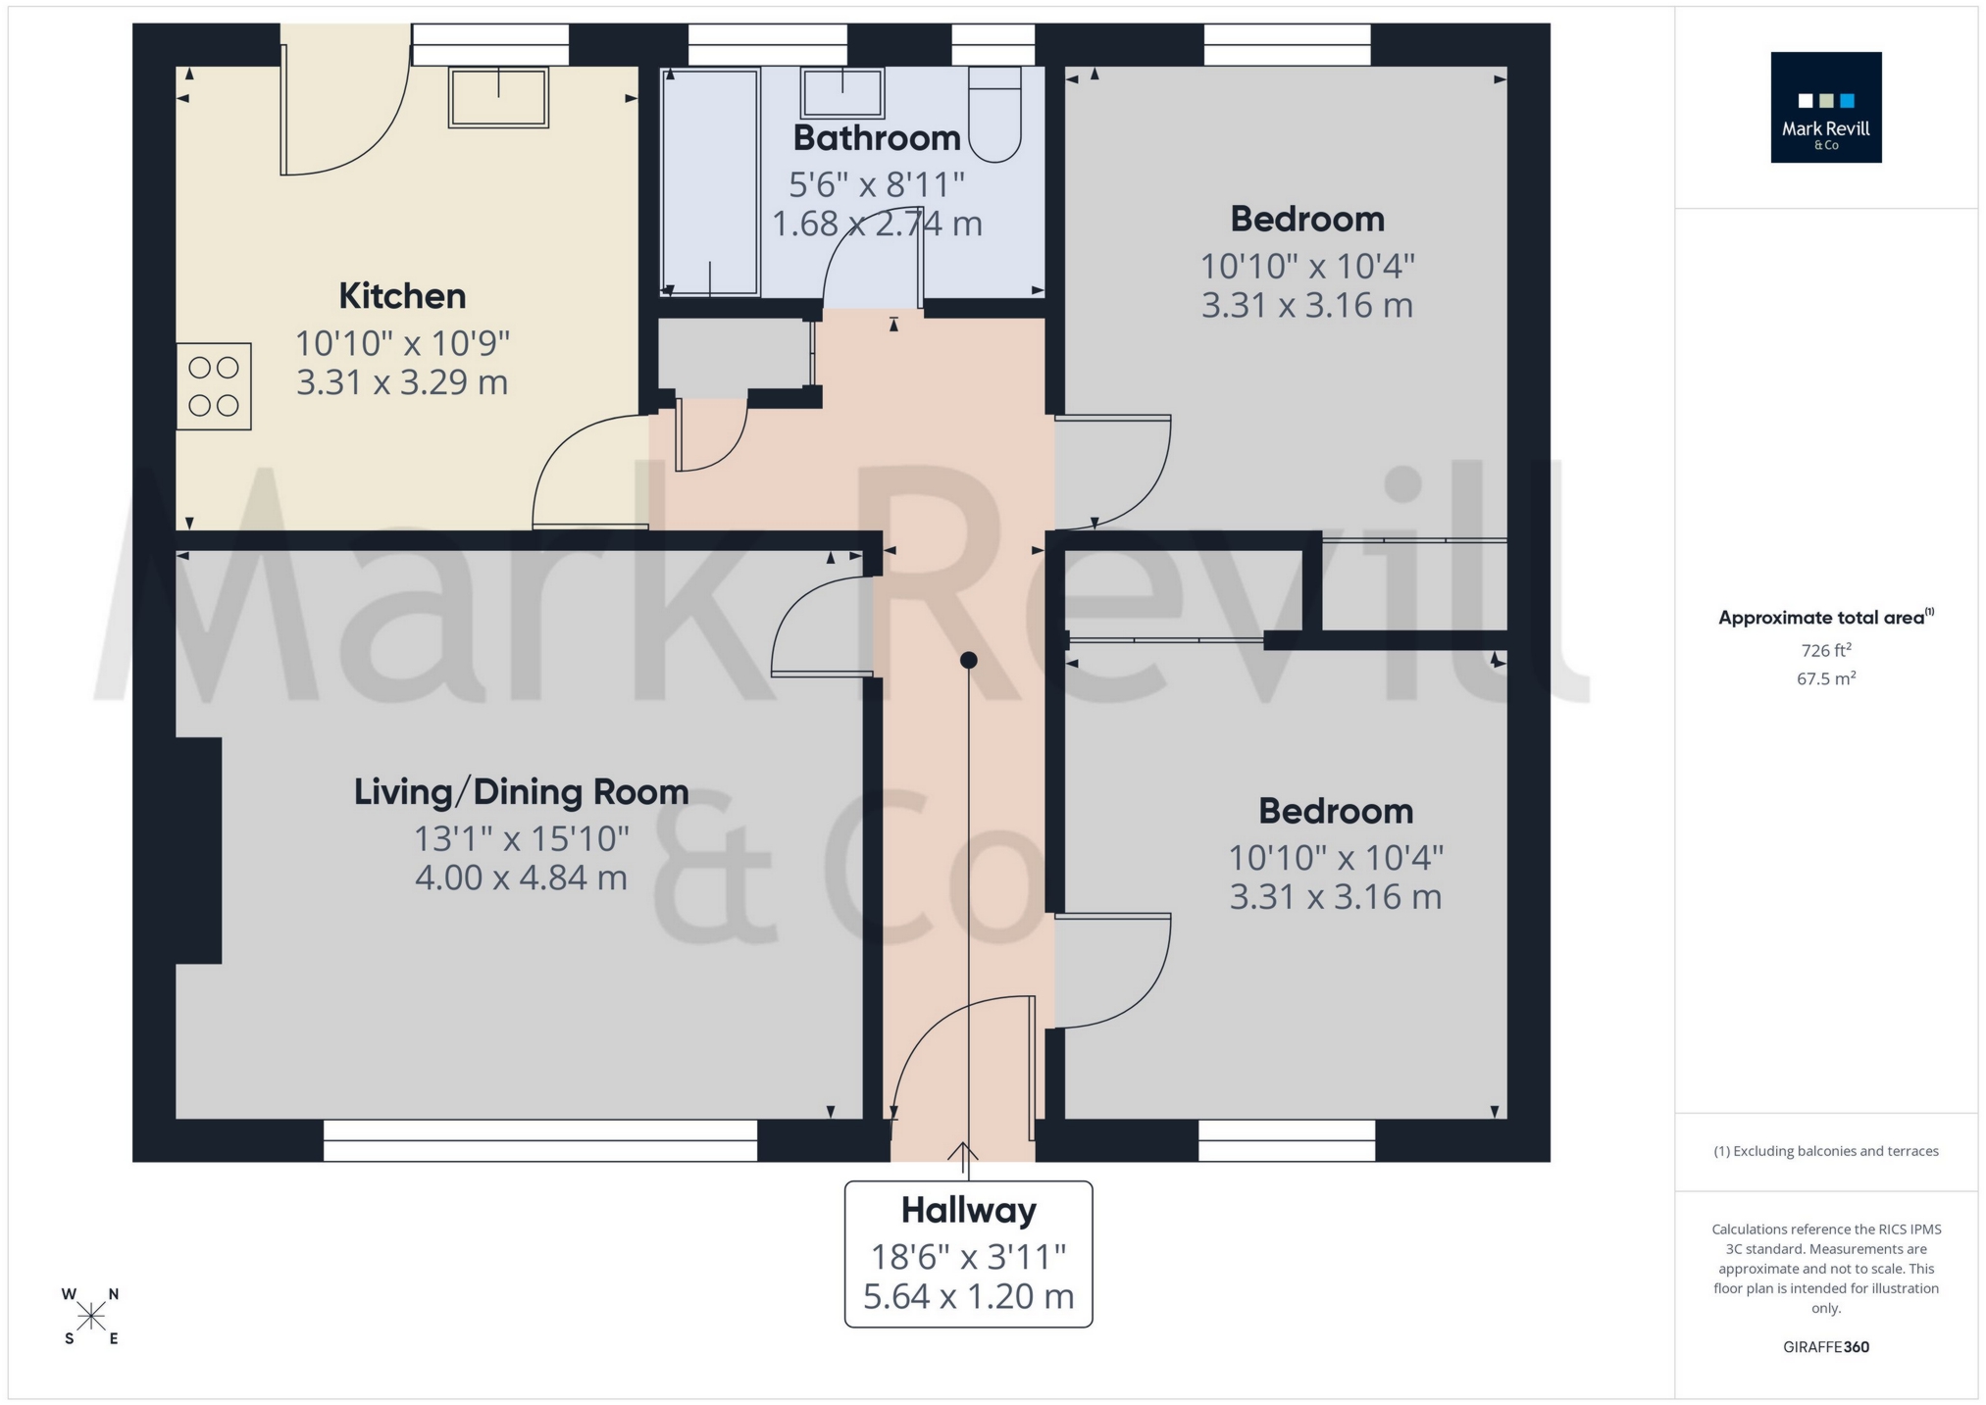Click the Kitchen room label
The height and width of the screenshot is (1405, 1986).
(x=402, y=296)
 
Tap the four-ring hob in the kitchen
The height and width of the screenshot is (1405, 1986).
(x=214, y=386)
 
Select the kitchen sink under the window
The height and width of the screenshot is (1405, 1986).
(x=498, y=98)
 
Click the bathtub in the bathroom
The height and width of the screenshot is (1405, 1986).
(x=710, y=181)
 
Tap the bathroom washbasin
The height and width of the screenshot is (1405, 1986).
(x=842, y=94)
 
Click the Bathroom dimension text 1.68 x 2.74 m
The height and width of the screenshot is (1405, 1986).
(x=877, y=225)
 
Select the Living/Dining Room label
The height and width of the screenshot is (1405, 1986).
(x=521, y=792)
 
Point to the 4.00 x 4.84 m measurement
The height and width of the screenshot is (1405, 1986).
(x=521, y=878)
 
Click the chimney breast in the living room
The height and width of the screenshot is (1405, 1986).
(x=199, y=850)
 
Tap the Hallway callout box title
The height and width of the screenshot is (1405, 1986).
(x=968, y=1211)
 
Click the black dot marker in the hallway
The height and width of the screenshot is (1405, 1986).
(x=969, y=661)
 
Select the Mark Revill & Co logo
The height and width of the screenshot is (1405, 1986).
(x=1825, y=108)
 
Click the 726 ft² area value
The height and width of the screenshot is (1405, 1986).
(x=1825, y=650)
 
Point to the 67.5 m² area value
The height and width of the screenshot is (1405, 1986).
(x=1825, y=678)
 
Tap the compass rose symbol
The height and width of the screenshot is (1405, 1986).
(x=91, y=1316)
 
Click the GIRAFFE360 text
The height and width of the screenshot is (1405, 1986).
(x=1825, y=1347)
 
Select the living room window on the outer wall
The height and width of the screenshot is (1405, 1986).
(x=540, y=1141)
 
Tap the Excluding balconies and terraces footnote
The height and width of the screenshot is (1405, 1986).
(x=1825, y=1151)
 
